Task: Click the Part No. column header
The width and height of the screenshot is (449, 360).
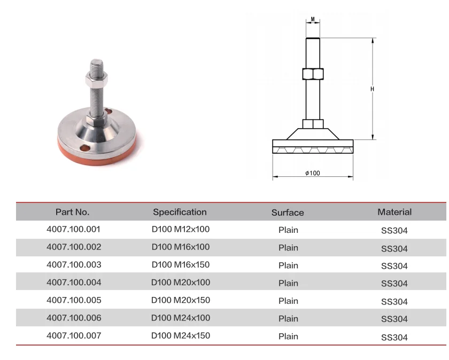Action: click(73, 212)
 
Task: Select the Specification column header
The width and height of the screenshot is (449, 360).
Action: click(180, 212)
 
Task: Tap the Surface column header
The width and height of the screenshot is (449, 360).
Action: click(288, 213)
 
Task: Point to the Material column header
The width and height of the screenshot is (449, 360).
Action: click(394, 212)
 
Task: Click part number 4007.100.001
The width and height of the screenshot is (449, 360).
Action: click(74, 230)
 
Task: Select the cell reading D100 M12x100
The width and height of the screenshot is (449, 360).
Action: click(181, 230)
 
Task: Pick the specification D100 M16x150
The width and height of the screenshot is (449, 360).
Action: click(181, 265)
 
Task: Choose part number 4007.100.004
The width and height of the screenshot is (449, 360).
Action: click(74, 283)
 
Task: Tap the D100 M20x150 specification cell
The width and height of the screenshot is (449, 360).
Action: click(181, 300)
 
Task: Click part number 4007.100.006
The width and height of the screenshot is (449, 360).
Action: click(74, 318)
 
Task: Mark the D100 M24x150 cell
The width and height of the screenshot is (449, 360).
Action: click(181, 336)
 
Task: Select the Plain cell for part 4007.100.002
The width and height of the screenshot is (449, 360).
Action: click(288, 248)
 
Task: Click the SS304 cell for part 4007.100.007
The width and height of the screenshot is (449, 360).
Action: click(394, 338)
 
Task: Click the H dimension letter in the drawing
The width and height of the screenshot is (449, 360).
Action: click(372, 89)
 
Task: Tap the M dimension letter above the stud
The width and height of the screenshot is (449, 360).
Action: click(313, 20)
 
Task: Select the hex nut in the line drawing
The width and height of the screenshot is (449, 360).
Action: click(312, 74)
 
